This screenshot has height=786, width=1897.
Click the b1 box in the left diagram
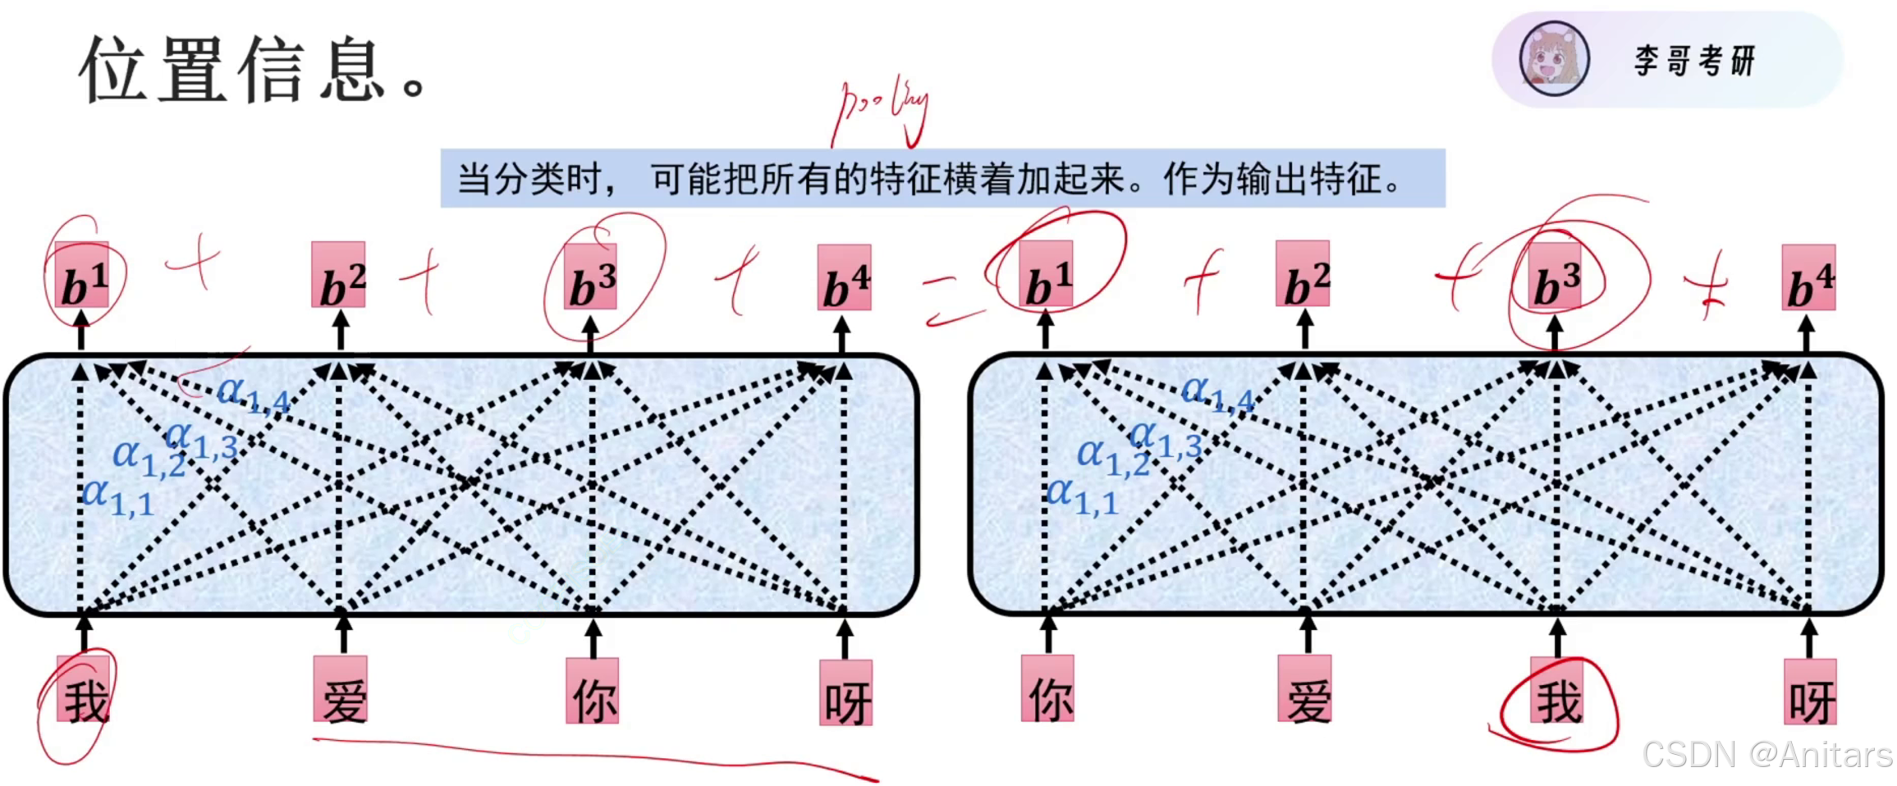click(82, 276)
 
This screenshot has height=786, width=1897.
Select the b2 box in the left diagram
click(338, 276)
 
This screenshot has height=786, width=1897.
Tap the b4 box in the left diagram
click(844, 278)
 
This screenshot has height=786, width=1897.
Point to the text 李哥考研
click(1694, 61)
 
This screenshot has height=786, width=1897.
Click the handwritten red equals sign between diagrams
click(952, 300)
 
